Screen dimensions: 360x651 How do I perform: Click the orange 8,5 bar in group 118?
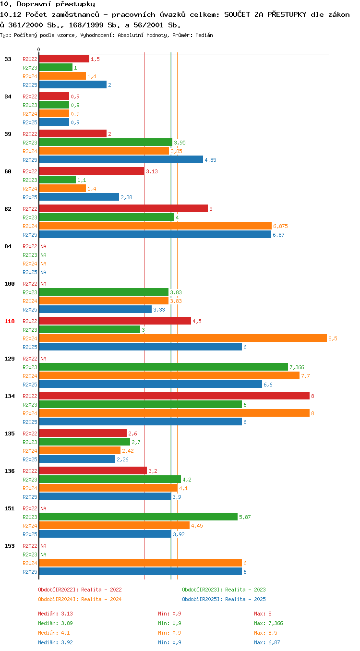pos(183,338)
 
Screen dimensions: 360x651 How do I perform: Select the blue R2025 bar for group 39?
pos(121,159)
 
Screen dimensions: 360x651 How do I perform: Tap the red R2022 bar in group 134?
pos(174,396)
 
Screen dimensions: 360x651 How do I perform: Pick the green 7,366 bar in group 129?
pos(164,367)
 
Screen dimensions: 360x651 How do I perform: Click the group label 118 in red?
pos(9,321)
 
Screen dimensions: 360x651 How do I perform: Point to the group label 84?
pos(8,246)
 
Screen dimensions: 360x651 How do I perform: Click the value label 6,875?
pos(280,226)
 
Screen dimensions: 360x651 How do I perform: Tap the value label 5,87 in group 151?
pos(245,517)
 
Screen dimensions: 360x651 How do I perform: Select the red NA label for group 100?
pos(43,284)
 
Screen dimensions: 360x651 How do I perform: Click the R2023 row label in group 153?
pos(30,555)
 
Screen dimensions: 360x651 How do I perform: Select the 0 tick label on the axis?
pos(39,50)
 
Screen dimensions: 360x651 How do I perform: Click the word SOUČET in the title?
pos(237,14)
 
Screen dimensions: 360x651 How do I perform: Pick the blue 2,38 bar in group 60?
pos(79,197)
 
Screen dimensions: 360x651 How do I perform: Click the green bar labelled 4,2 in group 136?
pos(110,479)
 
